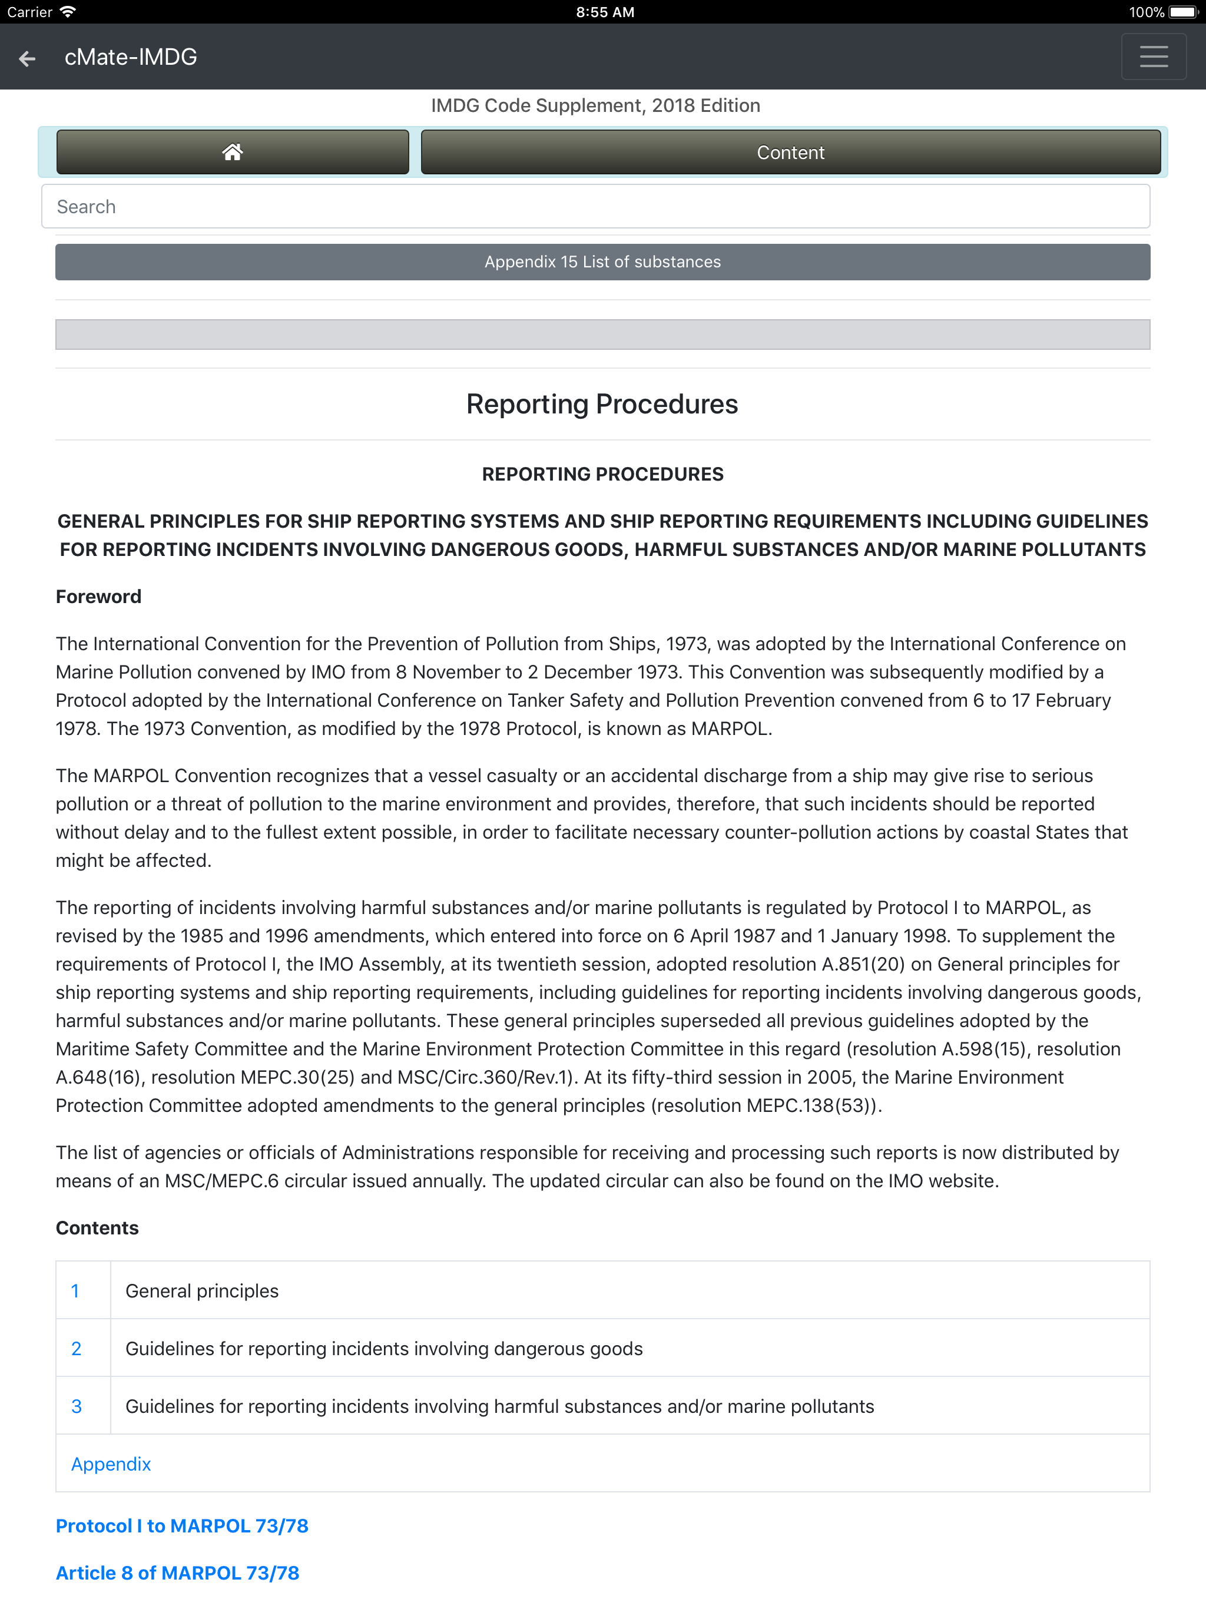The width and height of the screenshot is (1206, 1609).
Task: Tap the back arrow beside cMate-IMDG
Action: [28, 58]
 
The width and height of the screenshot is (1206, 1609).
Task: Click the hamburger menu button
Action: [1153, 57]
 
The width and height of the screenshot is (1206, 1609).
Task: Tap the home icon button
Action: [232, 152]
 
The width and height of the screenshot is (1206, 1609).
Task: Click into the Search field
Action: [595, 207]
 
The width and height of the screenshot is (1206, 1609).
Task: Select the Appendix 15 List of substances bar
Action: [602, 262]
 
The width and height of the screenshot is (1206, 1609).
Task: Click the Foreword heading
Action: [99, 597]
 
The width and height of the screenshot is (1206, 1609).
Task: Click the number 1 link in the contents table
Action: [75, 1291]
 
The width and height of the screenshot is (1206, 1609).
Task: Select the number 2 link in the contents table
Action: [75, 1349]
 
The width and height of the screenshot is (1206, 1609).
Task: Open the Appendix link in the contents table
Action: [111, 1464]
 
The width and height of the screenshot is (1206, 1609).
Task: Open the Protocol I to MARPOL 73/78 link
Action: [182, 1526]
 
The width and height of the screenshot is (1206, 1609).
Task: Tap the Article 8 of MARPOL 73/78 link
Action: [177, 1573]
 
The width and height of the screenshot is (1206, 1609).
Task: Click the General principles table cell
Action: [202, 1291]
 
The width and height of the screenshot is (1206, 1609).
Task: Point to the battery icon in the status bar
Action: [1182, 12]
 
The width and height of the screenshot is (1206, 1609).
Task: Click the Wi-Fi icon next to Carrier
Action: [68, 12]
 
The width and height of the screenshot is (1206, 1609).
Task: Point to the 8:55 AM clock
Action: [604, 12]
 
